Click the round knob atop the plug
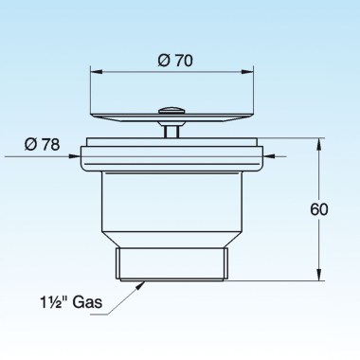(171, 112)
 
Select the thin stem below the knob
(171, 129)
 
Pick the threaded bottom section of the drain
(171, 263)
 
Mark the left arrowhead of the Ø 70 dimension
(94, 70)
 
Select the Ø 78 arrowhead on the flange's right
(266, 158)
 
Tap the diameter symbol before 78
(30, 144)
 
